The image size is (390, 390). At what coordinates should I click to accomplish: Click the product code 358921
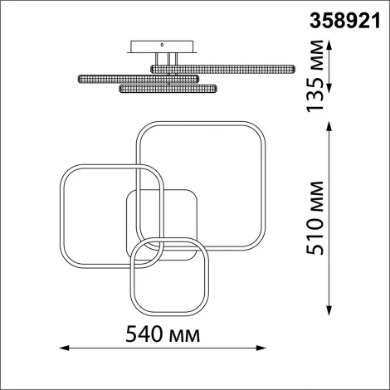coord(345,21)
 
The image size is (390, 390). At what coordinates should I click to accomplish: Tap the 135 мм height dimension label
coord(315,76)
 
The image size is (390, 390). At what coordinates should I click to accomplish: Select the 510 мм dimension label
coord(315,218)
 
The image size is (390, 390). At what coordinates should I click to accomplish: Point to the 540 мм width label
coord(163,334)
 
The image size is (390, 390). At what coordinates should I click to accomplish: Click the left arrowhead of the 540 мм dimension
coord(64,348)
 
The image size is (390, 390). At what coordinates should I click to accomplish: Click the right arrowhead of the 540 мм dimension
coord(261,348)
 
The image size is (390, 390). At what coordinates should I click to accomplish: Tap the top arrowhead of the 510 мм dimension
coord(329,127)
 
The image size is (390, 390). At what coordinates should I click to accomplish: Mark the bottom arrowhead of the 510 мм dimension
coord(329,310)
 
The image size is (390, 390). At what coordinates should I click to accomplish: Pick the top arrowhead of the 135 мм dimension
coord(329,46)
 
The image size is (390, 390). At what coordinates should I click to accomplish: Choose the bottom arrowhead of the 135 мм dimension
coord(329,88)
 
